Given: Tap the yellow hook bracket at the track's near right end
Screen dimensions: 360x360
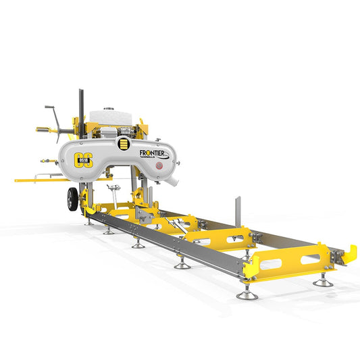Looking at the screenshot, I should [x=349, y=254].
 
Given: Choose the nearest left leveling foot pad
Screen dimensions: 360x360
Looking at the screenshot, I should [x=243, y=294].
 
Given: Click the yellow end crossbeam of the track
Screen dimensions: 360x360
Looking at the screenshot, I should [x=290, y=259].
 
